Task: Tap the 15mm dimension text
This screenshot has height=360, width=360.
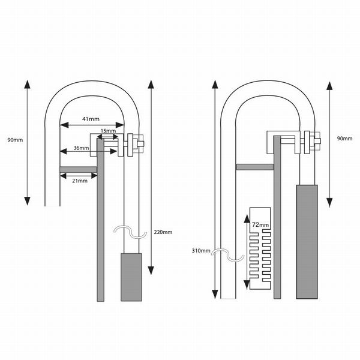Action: click(109, 130)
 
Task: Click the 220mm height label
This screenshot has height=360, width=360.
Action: click(163, 232)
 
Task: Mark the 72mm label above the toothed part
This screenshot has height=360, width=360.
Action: click(260, 224)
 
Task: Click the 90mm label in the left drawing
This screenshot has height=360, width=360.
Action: click(15, 140)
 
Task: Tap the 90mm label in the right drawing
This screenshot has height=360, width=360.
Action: click(344, 139)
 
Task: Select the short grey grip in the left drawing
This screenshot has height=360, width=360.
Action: click(132, 277)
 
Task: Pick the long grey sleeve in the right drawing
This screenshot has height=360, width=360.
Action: click(307, 241)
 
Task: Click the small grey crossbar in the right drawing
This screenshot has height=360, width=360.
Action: click(256, 167)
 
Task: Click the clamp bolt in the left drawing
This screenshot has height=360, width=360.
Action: click(134, 144)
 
